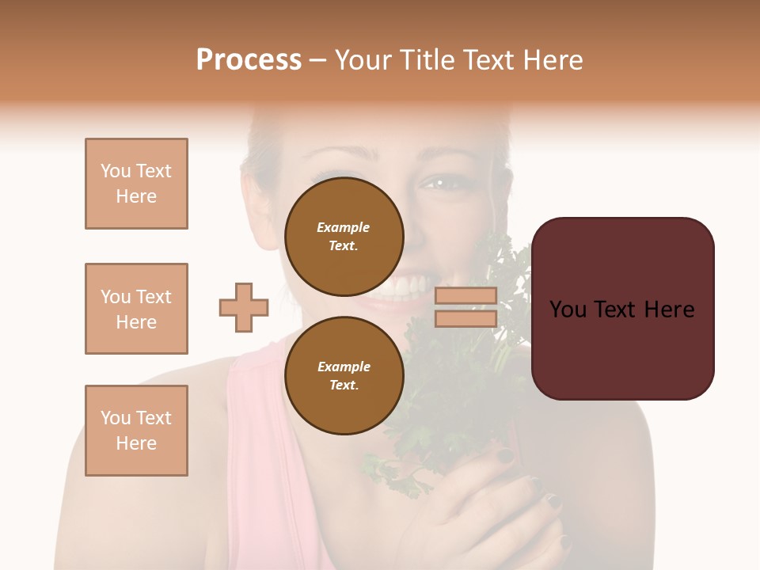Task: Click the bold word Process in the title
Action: pyautogui.click(x=249, y=60)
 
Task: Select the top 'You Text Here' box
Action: pyautogui.click(x=136, y=184)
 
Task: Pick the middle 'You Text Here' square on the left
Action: pyautogui.click(x=136, y=309)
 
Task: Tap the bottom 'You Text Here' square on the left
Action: pyautogui.click(x=136, y=431)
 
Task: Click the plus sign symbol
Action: pyautogui.click(x=244, y=307)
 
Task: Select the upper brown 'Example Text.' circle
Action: pyautogui.click(x=344, y=236)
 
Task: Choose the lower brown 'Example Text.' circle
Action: pyautogui.click(x=344, y=375)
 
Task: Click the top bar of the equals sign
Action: pyautogui.click(x=465, y=296)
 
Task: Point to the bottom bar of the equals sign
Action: pyautogui.click(x=465, y=318)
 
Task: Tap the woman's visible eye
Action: pyautogui.click(x=434, y=184)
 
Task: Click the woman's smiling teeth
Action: pyautogui.click(x=404, y=286)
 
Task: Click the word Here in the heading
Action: pyautogui.click(x=551, y=60)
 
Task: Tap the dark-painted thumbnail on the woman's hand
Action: pyautogui.click(x=504, y=455)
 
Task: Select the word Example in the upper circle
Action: pyautogui.click(x=344, y=227)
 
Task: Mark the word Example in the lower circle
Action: pyautogui.click(x=344, y=367)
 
